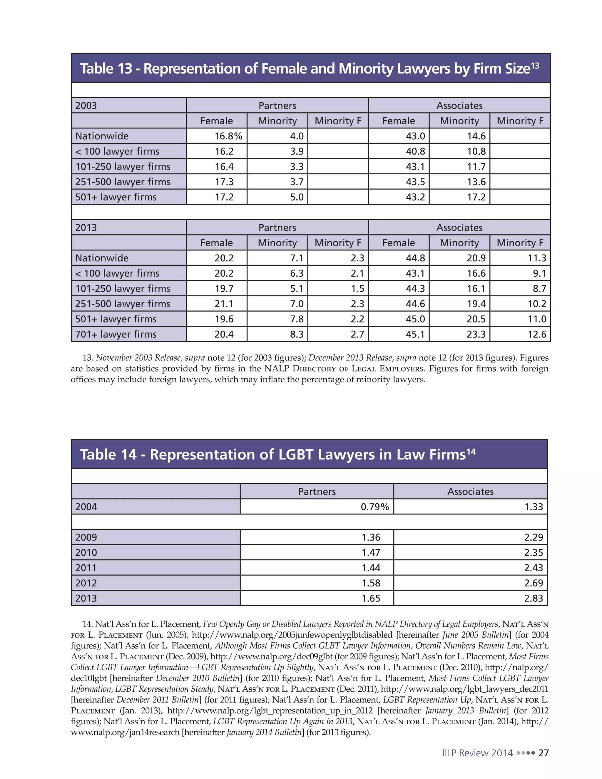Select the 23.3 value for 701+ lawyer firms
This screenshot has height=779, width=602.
click(x=476, y=334)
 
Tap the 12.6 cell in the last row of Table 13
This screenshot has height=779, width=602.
click(x=537, y=334)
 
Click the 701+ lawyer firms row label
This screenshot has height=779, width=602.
click(x=116, y=334)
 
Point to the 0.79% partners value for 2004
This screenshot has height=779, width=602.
click(x=374, y=506)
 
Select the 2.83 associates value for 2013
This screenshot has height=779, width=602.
click(x=533, y=598)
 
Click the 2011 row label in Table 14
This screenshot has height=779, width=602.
click(x=86, y=567)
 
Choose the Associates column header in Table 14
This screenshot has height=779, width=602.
click(x=470, y=492)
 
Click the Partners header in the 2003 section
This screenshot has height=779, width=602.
click(x=277, y=106)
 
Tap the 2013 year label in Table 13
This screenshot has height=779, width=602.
click(x=86, y=228)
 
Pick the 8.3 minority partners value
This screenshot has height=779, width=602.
click(x=297, y=334)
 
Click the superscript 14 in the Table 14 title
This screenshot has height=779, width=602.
click(x=471, y=452)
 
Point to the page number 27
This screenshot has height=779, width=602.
click(x=543, y=753)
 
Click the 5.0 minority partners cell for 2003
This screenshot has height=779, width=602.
click(x=297, y=197)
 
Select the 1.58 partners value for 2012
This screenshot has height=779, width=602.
click(x=371, y=583)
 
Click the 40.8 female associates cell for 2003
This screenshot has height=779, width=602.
click(x=415, y=151)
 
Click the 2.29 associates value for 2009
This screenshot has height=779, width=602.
click(x=533, y=537)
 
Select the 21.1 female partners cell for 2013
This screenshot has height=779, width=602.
click(x=224, y=304)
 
